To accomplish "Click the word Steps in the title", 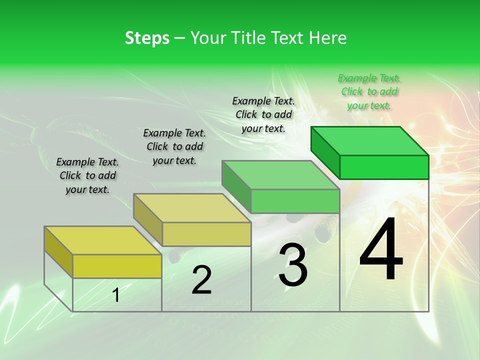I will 147,38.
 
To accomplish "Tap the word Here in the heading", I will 327,38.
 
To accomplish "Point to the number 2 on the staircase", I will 201,280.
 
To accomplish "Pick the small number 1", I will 116,295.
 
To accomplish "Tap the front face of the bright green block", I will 384,167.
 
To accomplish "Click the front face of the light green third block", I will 295,201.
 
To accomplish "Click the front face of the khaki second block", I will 206,234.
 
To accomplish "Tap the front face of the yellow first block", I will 117,266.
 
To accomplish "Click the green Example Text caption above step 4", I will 369,92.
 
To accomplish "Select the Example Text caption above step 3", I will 263,114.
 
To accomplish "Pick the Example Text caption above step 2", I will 174,146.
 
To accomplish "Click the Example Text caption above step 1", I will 87,175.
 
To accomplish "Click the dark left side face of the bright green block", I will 325,150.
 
